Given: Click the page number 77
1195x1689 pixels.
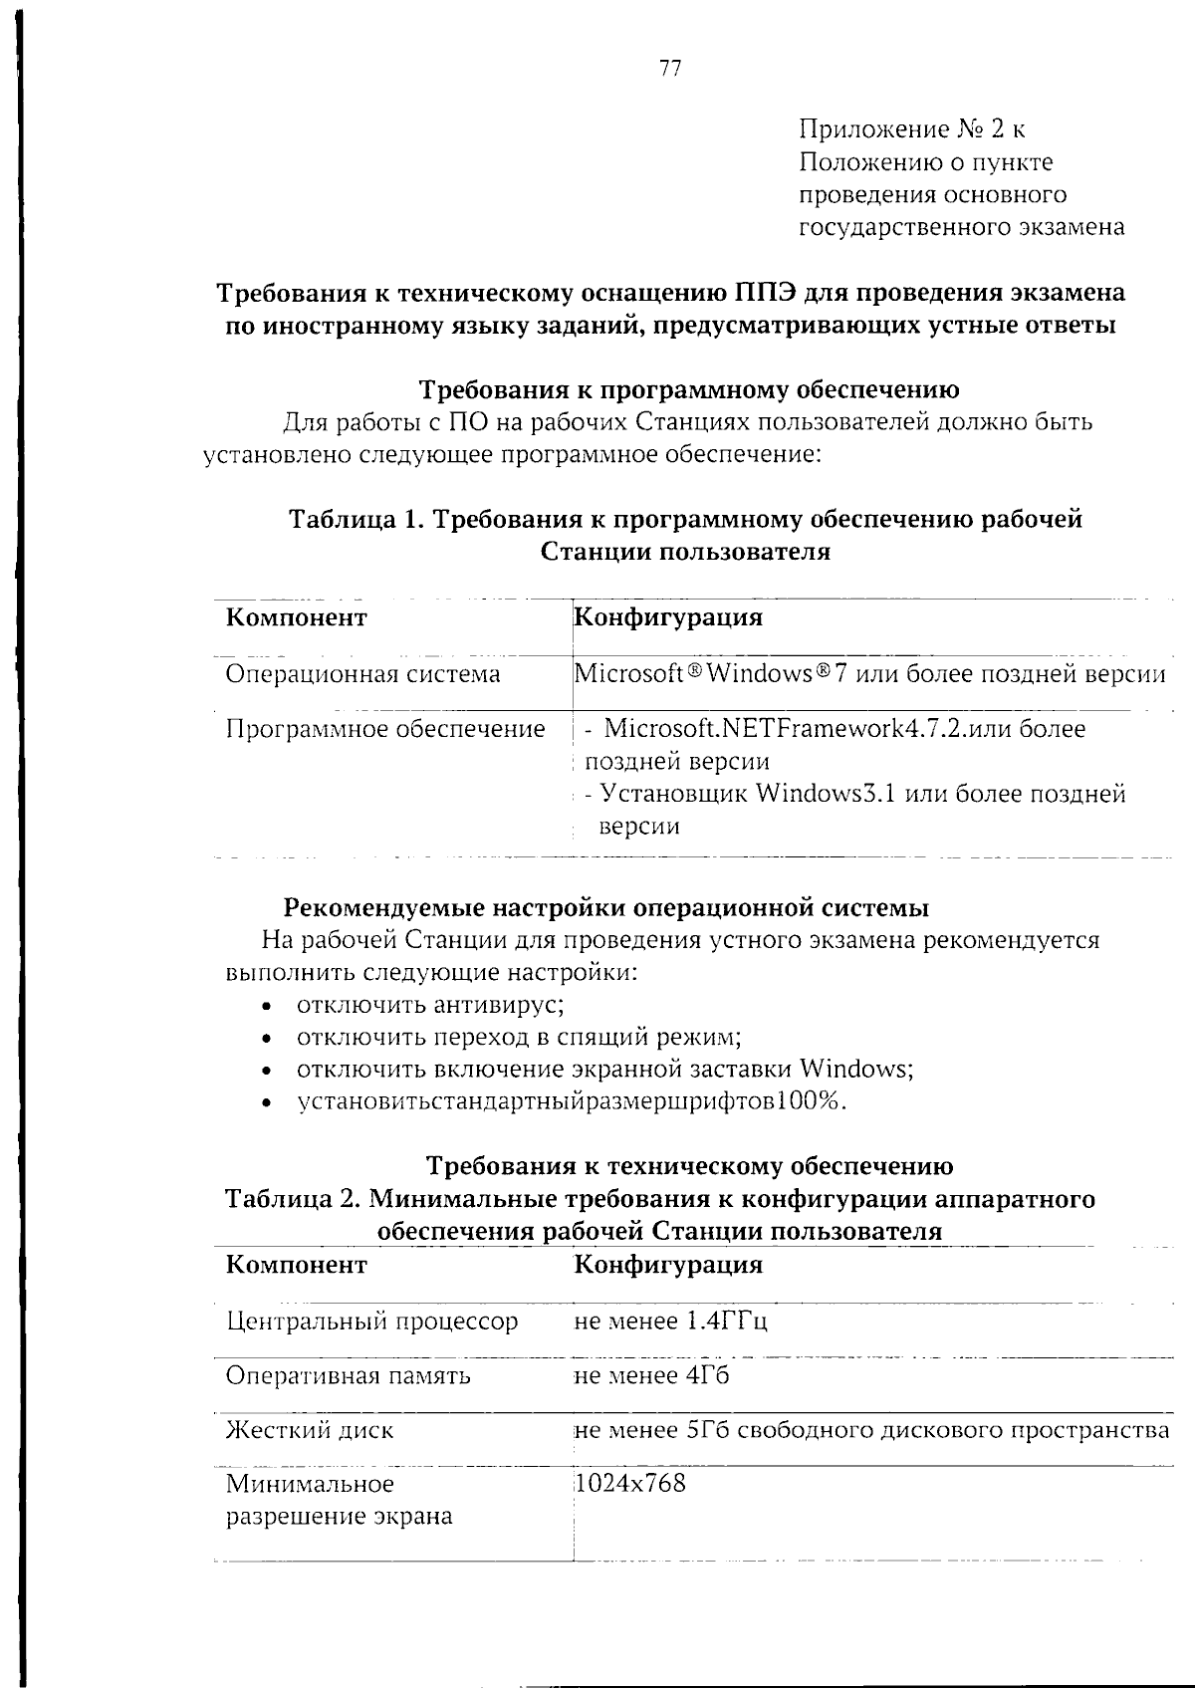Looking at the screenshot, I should (x=669, y=69).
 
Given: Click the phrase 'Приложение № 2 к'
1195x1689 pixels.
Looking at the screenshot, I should (x=912, y=129).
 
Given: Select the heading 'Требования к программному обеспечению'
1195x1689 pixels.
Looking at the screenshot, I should (x=688, y=388).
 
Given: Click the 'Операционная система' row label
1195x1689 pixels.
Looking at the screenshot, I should (x=362, y=674).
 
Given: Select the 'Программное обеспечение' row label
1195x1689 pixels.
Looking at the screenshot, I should (x=385, y=729).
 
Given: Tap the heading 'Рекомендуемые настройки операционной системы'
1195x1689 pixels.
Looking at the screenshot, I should (x=606, y=907).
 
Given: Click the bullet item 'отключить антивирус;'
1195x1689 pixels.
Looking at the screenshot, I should (x=431, y=1004).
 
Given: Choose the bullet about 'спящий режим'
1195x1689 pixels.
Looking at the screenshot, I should (x=519, y=1037).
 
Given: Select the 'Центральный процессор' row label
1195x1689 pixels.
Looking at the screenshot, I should (x=371, y=1322).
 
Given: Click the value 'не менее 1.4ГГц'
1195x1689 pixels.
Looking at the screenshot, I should (x=671, y=1322).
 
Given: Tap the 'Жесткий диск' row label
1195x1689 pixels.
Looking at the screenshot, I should (x=310, y=1430).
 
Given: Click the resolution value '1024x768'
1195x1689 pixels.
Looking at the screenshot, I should (x=631, y=1484).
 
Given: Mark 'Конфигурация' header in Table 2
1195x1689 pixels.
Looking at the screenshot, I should (x=669, y=1265).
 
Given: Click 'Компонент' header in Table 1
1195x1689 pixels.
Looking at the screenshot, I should (x=297, y=617).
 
